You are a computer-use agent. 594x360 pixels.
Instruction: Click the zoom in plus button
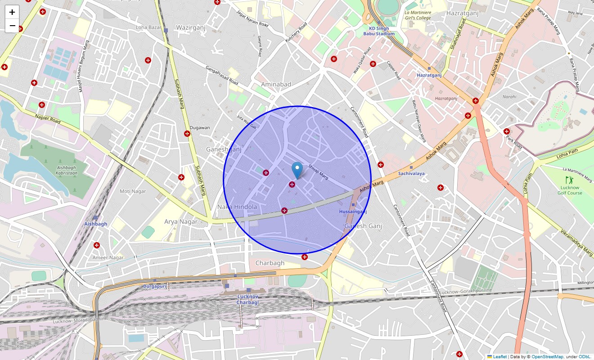click(12, 12)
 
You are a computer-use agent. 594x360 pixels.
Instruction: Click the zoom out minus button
click(12, 26)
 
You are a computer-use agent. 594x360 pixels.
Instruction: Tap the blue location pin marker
click(297, 170)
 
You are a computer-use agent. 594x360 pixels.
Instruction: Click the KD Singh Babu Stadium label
click(379, 31)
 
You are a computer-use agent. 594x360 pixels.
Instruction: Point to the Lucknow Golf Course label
click(570, 190)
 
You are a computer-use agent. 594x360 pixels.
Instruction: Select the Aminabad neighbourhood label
click(276, 84)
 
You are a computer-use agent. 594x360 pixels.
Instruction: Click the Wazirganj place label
click(191, 27)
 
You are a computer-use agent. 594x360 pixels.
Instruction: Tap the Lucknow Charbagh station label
click(247, 299)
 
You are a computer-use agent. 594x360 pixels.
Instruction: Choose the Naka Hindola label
click(237, 207)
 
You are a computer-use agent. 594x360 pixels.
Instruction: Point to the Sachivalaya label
click(411, 173)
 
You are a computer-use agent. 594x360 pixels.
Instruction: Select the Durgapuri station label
click(155, 286)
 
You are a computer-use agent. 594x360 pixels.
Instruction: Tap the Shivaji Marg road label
click(318, 173)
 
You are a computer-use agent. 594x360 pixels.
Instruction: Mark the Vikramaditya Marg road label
click(576, 243)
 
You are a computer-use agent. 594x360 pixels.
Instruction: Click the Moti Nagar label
click(133, 191)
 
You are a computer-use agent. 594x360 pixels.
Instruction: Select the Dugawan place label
click(200, 128)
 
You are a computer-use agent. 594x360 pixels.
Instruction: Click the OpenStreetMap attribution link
click(547, 357)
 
